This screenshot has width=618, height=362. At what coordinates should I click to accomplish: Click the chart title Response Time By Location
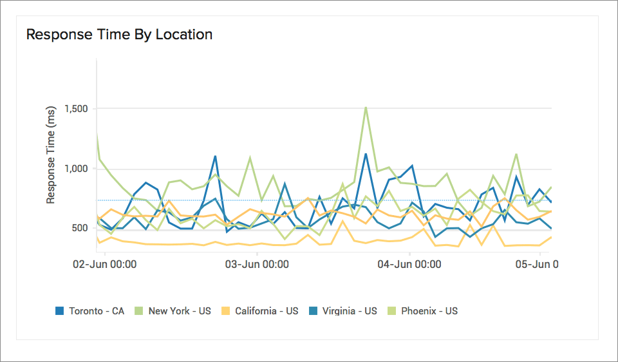119,34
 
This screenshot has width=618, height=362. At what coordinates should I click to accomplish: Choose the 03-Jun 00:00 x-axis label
256,264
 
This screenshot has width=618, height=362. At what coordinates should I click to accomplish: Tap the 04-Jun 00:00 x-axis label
409,264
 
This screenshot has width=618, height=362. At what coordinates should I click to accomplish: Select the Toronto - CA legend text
97,310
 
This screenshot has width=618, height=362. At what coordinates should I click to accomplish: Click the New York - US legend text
180,310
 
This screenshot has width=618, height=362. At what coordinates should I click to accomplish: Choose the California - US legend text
267,310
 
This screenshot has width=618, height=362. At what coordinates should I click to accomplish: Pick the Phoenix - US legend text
429,310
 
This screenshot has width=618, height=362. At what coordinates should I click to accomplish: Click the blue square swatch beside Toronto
60,311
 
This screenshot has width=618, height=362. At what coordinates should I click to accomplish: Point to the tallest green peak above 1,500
366,108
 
